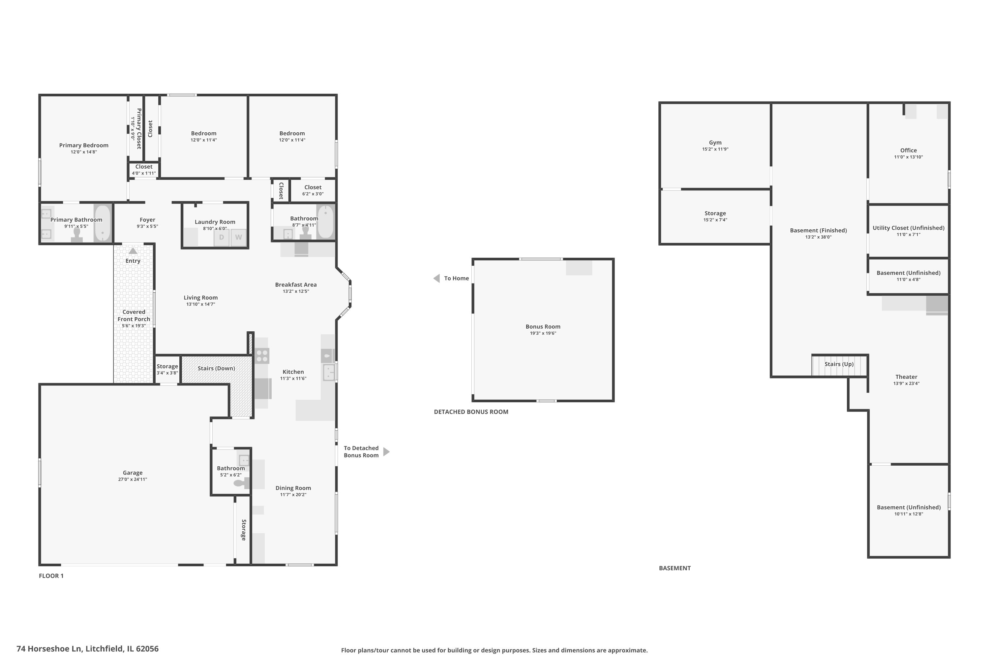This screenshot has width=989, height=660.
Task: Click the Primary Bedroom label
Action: coord(84,145)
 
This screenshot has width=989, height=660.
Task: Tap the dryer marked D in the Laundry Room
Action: coord(222,237)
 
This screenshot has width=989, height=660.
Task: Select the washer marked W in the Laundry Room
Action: coord(238,237)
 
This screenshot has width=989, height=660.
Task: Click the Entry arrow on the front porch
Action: coord(133,251)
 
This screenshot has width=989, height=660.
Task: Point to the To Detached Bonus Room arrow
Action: coord(386,452)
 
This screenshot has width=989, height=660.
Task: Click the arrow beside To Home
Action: coord(437,278)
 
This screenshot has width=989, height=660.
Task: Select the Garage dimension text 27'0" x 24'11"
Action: coord(133,479)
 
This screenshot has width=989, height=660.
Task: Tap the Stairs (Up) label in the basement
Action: coord(839,364)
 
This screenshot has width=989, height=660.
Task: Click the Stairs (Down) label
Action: coord(216,368)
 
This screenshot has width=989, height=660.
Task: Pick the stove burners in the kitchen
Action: coord(262,356)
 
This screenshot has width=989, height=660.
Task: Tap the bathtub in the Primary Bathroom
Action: coord(103,223)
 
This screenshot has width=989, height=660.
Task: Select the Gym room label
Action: coord(715,143)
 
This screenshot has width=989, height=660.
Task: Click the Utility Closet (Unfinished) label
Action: coord(908,228)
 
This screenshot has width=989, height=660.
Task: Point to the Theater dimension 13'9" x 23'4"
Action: coord(906,383)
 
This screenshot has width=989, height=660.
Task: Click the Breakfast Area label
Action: coord(296,284)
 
